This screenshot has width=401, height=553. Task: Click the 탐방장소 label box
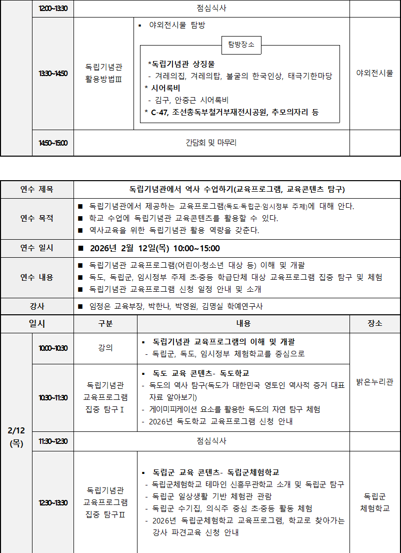pos(241,45)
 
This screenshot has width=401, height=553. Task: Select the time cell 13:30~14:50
pos(53,74)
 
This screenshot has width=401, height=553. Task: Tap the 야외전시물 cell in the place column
pos(374,74)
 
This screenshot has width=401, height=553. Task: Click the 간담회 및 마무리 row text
pos(211,143)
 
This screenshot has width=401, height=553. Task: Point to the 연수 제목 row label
pos(37,190)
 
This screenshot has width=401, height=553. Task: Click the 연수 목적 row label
pos(37,218)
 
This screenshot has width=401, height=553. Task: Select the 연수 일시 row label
pos(37,248)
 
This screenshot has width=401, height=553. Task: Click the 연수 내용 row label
pos(37,277)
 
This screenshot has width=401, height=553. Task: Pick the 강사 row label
pos(37,306)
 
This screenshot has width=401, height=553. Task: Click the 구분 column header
pos(105,324)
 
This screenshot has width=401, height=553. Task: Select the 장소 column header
pos(374,324)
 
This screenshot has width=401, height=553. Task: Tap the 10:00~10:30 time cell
pos(53,348)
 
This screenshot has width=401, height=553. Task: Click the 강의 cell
pos(105,348)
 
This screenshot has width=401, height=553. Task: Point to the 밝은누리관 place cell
pos(374,382)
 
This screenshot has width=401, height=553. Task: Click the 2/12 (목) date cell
pos(16,436)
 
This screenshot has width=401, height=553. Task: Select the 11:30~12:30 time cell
pos(53,441)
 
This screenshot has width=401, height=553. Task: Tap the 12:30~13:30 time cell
pos(53,502)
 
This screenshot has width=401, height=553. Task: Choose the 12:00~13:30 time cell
pos(53,9)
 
